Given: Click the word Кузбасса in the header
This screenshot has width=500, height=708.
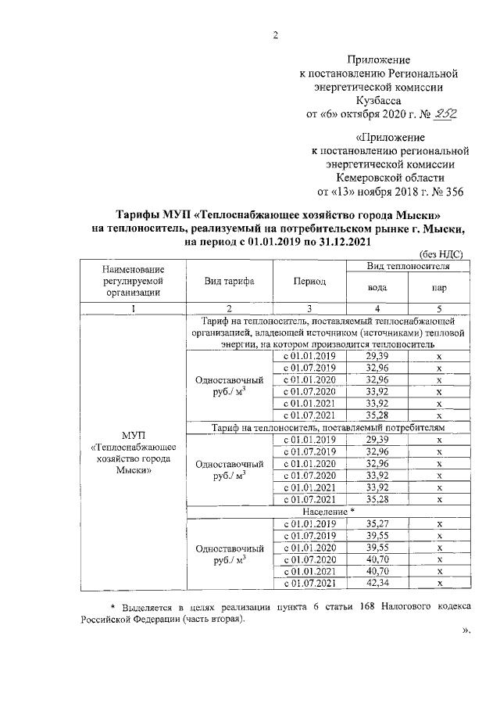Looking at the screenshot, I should point(379,101).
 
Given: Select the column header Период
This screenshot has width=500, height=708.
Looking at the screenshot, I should point(309,282).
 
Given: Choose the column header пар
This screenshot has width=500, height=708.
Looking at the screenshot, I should point(439,287).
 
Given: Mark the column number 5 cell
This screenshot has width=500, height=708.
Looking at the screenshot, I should point(439,308).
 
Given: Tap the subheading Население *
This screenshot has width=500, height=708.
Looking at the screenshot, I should point(328,510).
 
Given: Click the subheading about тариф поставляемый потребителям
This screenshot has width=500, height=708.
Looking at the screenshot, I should point(328,429).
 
